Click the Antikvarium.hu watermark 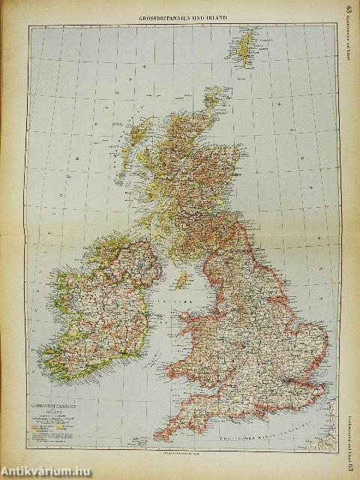click(45, 470)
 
